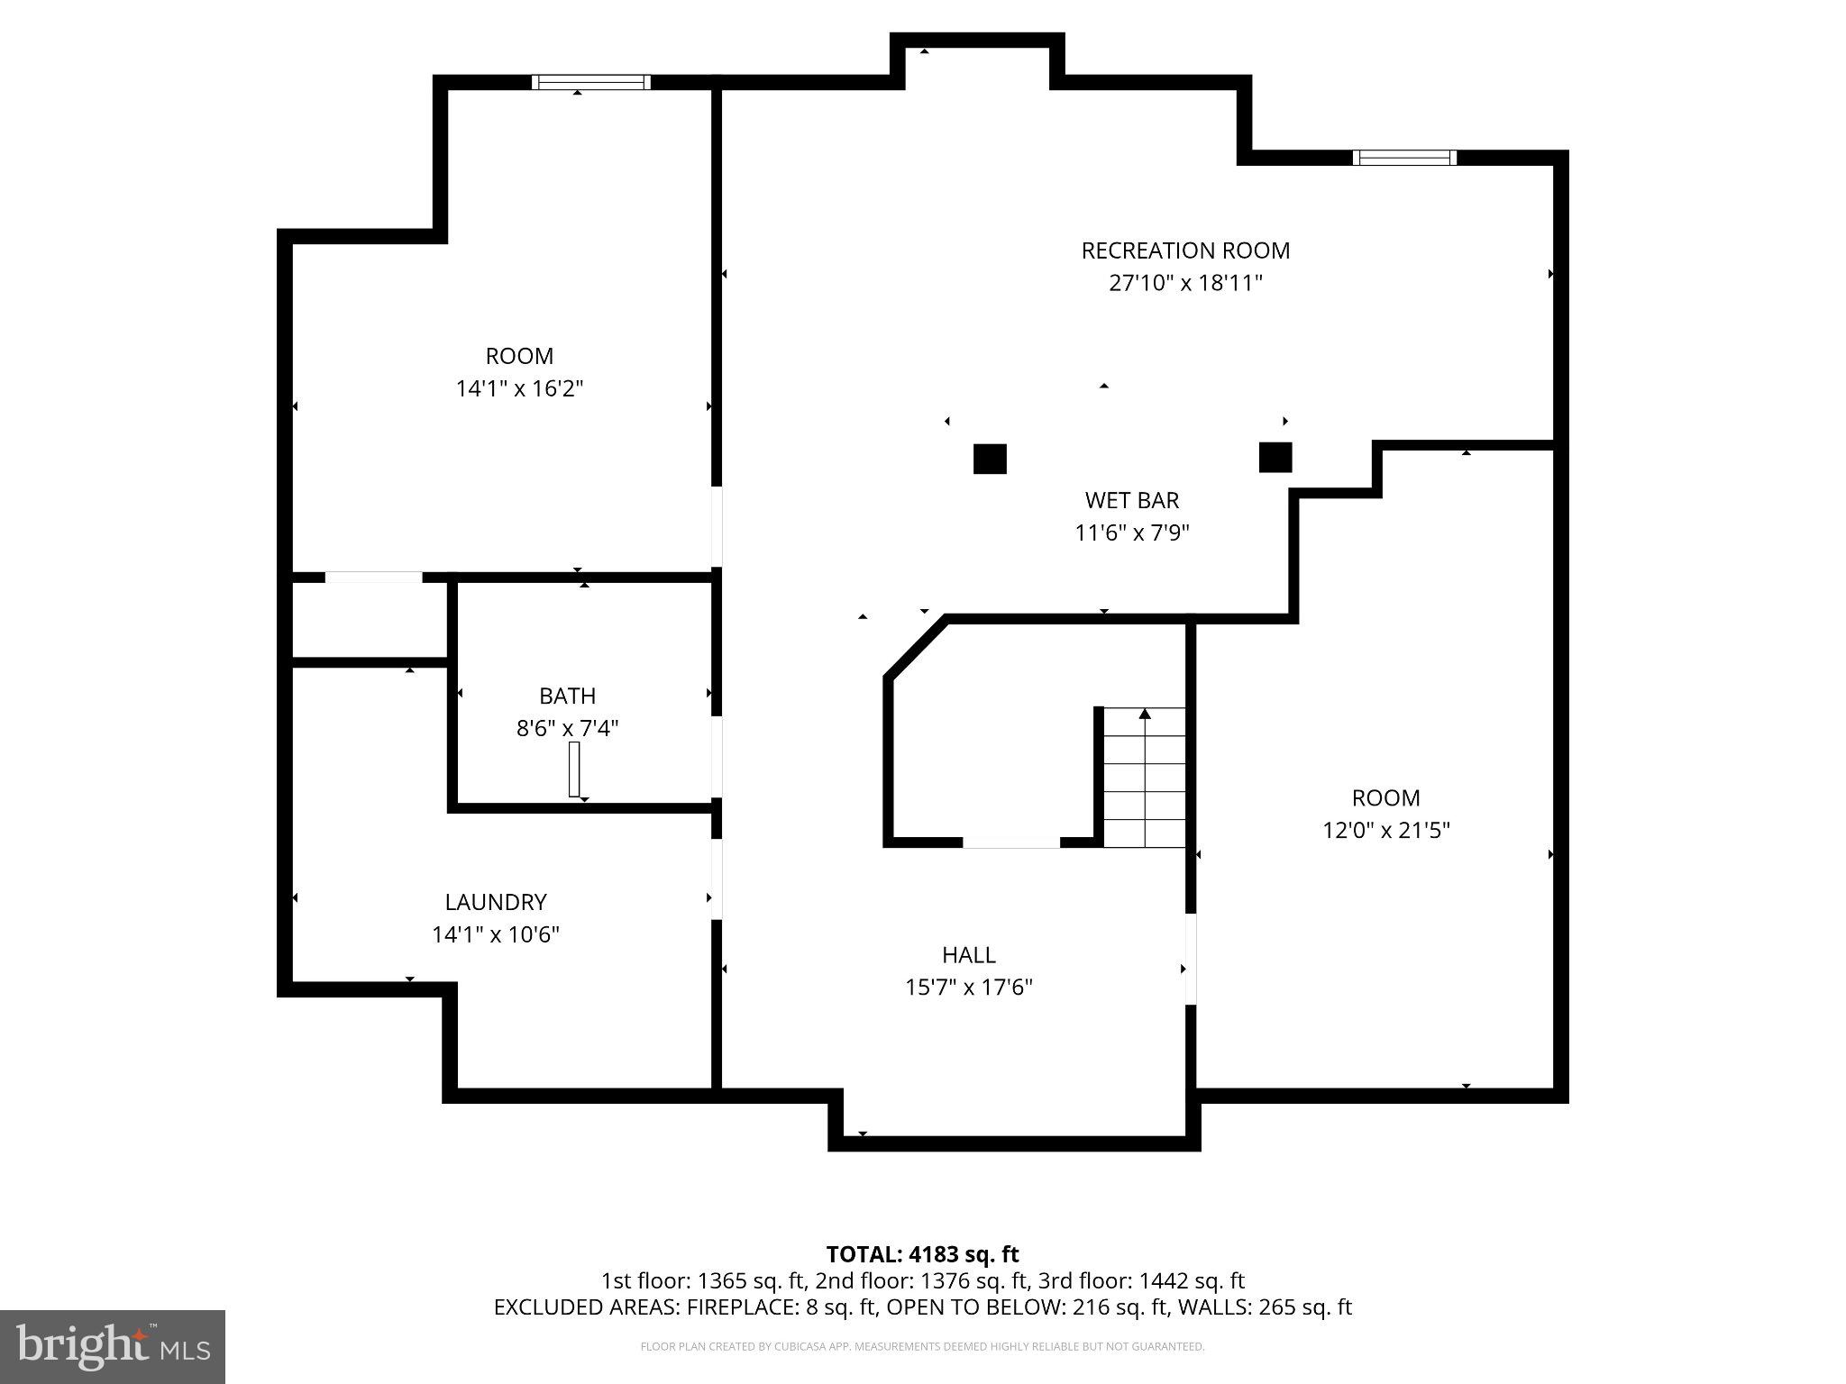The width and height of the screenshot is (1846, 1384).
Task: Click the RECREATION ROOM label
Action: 1184,250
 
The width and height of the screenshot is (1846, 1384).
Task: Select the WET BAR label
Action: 1131,500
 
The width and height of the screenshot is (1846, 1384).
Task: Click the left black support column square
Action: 989,459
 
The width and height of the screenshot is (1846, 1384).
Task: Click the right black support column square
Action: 1275,458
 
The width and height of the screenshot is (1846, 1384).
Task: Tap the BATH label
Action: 567,696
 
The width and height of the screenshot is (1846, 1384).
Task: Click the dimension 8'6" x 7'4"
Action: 567,728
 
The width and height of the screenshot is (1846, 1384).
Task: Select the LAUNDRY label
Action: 495,902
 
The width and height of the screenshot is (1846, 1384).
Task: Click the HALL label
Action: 968,954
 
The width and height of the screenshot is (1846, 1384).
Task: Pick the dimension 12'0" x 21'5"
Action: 1385,830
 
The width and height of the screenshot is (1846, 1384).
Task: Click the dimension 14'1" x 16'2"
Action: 519,389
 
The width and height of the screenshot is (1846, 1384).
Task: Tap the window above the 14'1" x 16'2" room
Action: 590,83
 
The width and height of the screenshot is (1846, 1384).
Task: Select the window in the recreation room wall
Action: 1404,158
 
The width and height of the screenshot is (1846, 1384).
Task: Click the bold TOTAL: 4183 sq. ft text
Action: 922,1254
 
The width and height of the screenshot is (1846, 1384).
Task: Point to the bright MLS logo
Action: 113,1346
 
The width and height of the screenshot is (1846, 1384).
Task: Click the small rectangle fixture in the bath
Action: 574,769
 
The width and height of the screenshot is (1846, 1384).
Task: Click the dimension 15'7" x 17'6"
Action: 968,988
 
